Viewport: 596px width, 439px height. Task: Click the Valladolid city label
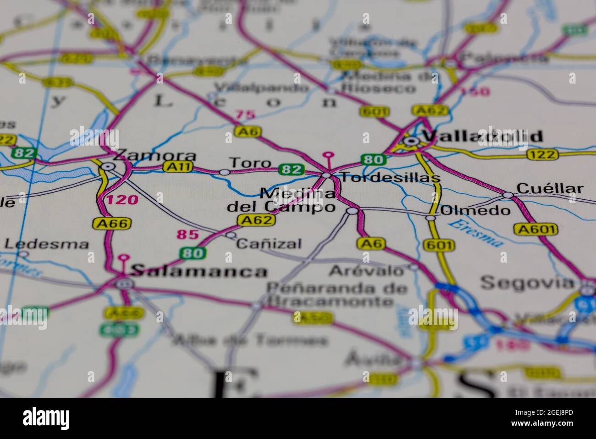click(x=482, y=136)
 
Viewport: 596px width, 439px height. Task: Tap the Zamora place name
click(x=155, y=155)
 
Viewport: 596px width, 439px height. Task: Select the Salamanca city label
click(x=199, y=271)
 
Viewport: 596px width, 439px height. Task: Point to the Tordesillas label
click(x=386, y=178)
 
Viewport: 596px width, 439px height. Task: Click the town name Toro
click(x=250, y=163)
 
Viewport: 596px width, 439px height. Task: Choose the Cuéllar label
click(x=550, y=188)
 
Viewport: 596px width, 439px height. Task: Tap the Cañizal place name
click(x=269, y=243)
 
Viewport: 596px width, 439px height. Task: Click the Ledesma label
click(x=46, y=244)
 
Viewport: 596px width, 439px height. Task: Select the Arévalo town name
click(x=367, y=271)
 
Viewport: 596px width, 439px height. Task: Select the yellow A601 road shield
click(x=535, y=229)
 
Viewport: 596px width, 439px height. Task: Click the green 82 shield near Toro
click(x=292, y=169)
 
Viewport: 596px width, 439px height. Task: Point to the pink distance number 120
click(x=122, y=200)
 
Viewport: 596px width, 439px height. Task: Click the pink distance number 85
click(x=188, y=235)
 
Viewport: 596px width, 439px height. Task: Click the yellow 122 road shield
click(x=542, y=155)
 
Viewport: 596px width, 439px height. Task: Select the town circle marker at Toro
click(x=224, y=172)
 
